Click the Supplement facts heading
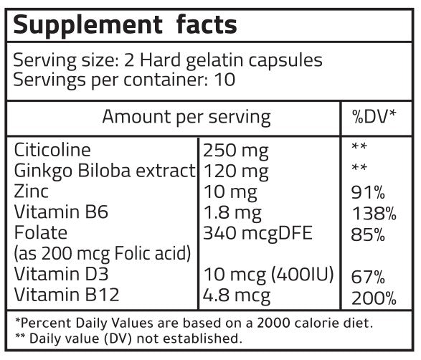(126, 26)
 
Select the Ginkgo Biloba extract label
(105, 171)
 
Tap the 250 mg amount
(236, 151)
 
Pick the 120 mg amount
(236, 171)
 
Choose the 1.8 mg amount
(233, 212)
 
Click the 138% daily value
(372, 213)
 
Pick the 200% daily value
(372, 297)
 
